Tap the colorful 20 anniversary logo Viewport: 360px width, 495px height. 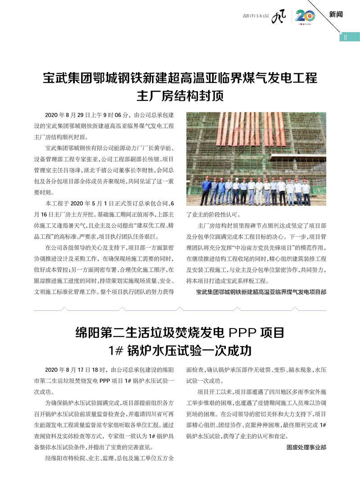304,16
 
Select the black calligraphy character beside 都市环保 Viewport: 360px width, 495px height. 279,17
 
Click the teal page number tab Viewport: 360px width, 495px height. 349,38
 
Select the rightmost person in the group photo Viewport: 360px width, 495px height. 306,191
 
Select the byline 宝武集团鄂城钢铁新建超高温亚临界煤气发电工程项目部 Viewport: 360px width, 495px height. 261,292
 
